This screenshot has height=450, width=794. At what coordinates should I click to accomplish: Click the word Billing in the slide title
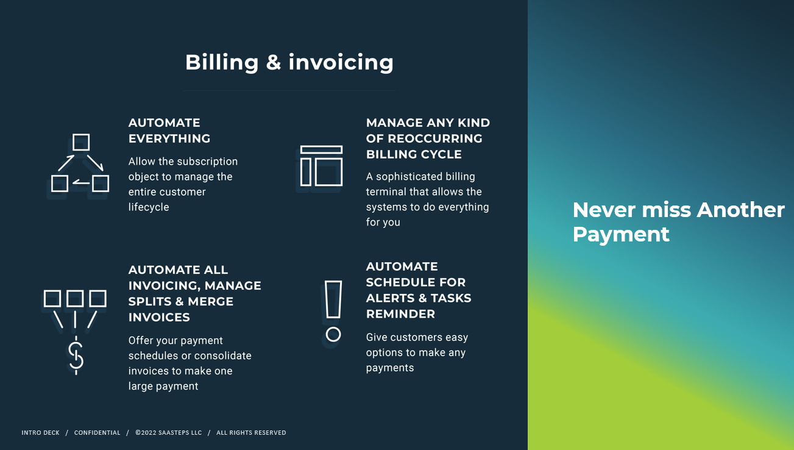pyautogui.click(x=222, y=63)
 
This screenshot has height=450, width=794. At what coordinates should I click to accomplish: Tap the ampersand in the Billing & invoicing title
pyautogui.click(x=273, y=62)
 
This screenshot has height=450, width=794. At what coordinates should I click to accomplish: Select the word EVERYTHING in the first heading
pyautogui.click(x=169, y=138)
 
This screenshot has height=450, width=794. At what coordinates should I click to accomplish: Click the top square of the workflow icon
pyautogui.click(x=81, y=142)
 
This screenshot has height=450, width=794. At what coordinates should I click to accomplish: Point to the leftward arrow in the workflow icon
pyautogui.click(x=81, y=183)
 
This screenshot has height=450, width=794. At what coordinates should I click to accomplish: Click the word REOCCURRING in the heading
pyautogui.click(x=435, y=138)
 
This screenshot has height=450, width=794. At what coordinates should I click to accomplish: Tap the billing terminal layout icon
pyautogui.click(x=321, y=166)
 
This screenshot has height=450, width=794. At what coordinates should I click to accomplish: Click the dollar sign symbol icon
pyautogui.click(x=76, y=355)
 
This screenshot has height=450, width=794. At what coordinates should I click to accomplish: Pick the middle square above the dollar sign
pyautogui.click(x=75, y=298)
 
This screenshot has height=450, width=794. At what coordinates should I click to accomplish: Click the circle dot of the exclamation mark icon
pyautogui.click(x=333, y=334)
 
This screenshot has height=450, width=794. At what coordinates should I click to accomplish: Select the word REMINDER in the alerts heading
pyautogui.click(x=400, y=314)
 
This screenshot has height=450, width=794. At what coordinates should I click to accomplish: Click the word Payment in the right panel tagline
pyautogui.click(x=621, y=234)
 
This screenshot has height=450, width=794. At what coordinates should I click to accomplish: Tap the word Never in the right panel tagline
pyautogui.click(x=604, y=210)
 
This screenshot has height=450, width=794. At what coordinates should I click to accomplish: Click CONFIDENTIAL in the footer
pyautogui.click(x=97, y=433)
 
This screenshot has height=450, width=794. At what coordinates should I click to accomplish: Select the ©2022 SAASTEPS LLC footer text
pyautogui.click(x=168, y=433)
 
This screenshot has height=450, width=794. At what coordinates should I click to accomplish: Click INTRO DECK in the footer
pyautogui.click(x=40, y=433)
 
